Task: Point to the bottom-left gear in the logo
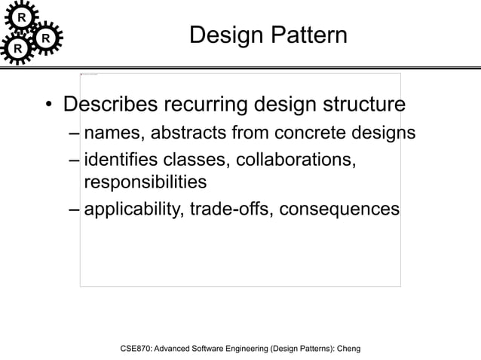coord(17,50)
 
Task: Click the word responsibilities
coord(145,182)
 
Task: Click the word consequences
coord(339,209)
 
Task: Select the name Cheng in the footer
coord(348,349)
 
